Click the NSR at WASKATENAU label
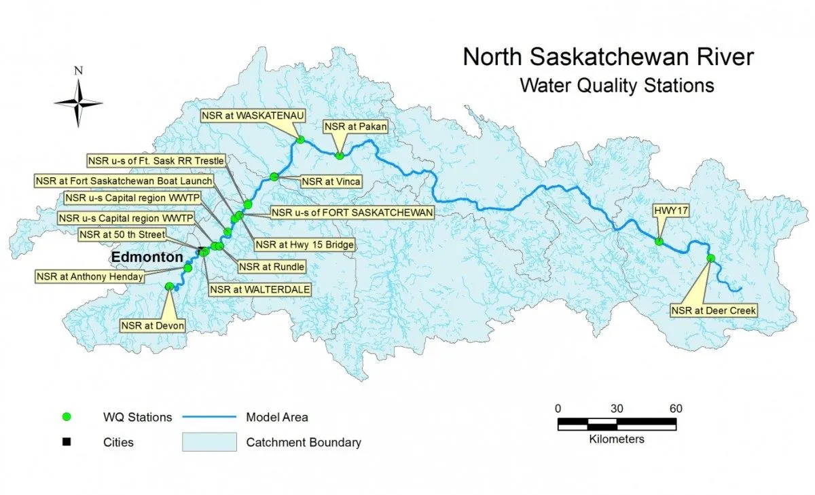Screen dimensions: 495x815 242,115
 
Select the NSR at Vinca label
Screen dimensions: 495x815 331,181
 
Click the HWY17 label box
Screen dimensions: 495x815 672,211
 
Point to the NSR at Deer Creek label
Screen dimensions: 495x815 713,310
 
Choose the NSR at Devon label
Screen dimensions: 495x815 153,326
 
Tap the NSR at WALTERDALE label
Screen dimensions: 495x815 260,289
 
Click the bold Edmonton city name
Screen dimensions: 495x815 147,258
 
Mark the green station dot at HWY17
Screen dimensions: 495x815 659,241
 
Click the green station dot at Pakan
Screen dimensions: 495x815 339,155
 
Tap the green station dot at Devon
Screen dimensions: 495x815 170,287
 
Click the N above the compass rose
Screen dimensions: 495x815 79,70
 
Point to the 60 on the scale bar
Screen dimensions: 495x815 675,408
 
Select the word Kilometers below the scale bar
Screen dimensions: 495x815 617,439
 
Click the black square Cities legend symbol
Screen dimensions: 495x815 67,442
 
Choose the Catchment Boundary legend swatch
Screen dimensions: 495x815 209,442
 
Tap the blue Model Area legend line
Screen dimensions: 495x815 209,417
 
